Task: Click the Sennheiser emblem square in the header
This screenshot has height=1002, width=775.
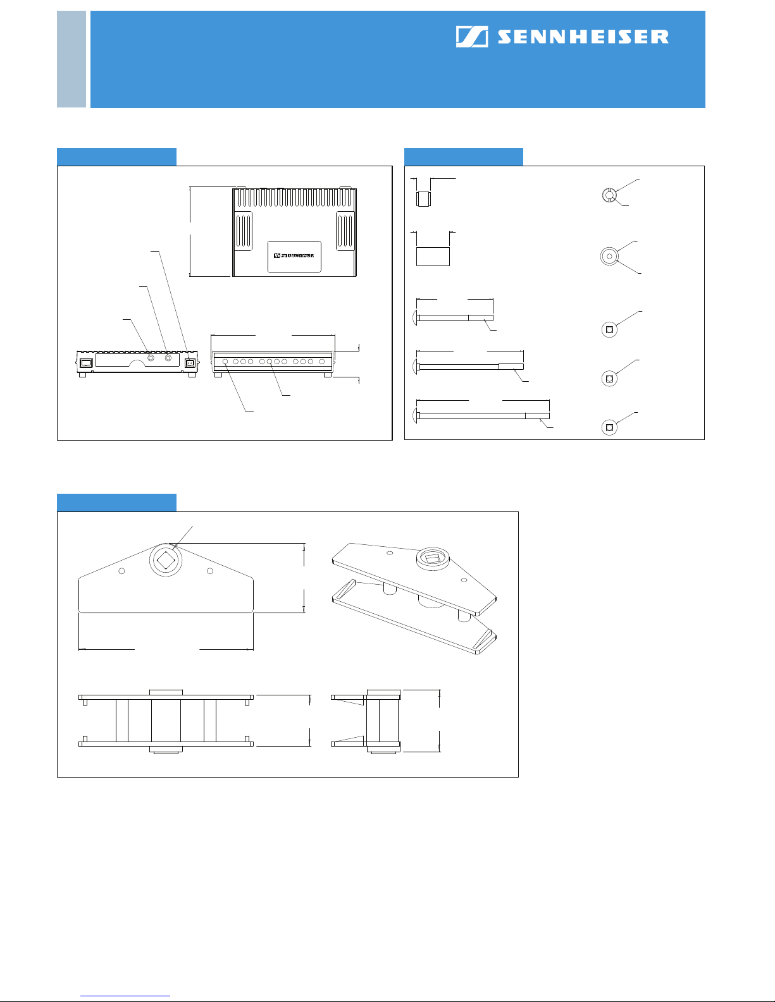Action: coord(471,37)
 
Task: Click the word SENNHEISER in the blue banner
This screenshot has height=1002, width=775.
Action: coord(583,37)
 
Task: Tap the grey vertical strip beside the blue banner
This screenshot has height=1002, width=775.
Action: coord(71,59)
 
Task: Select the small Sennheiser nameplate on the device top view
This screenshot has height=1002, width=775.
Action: coord(294,256)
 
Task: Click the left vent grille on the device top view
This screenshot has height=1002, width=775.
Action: coord(244,231)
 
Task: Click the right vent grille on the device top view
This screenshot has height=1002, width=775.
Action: coord(345,231)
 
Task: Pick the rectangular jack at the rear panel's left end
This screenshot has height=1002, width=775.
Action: coord(86,363)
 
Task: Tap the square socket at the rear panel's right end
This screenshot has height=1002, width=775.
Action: coord(190,363)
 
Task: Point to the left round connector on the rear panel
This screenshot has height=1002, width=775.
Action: coord(151,358)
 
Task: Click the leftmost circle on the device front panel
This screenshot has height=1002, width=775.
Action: coord(225,362)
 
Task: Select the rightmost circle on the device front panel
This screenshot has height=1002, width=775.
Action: coord(322,362)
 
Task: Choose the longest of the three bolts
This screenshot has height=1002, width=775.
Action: coord(481,415)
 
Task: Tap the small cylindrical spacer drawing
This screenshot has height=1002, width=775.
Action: coord(423,199)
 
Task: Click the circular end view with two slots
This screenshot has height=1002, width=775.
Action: coord(609,195)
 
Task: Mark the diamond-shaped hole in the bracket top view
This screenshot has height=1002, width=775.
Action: coord(166,559)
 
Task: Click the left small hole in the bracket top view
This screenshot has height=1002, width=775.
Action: coord(121,571)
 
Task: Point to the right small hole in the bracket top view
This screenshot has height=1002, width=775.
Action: coord(210,571)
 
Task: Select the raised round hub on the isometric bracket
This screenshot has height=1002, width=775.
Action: coord(433,559)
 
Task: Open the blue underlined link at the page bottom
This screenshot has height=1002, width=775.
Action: coord(125,994)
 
